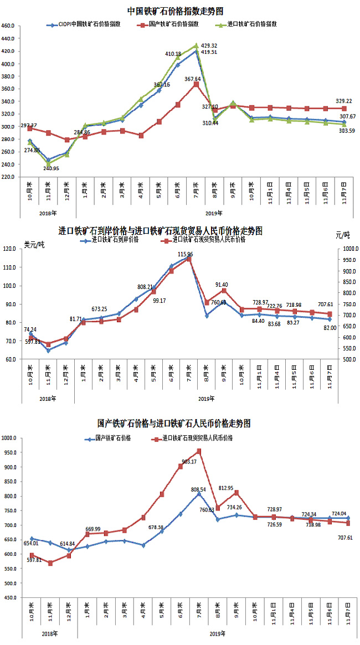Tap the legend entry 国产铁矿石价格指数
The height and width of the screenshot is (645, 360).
174,25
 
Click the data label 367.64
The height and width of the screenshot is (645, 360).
193,79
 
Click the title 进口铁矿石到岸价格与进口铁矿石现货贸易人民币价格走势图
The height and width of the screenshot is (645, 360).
161,230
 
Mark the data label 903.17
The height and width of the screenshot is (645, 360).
189,461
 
